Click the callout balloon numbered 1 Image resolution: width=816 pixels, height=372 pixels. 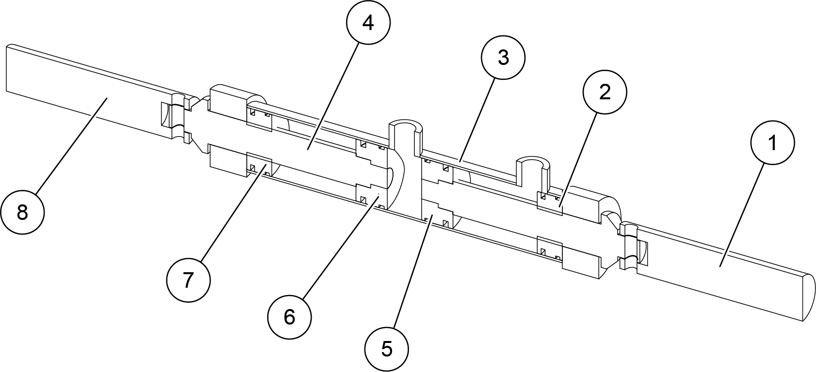[772, 142]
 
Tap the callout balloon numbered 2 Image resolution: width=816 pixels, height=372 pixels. [604, 92]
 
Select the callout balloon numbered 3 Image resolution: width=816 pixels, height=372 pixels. [503, 57]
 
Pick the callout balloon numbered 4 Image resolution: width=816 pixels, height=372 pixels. [368, 23]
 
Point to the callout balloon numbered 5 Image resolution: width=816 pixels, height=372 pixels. [387, 349]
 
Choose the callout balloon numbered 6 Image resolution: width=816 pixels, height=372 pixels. [289, 317]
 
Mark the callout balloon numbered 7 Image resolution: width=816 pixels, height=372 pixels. [188, 280]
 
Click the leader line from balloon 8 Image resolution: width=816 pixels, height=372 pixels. [71, 145]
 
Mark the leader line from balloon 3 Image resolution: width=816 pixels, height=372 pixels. [477, 120]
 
